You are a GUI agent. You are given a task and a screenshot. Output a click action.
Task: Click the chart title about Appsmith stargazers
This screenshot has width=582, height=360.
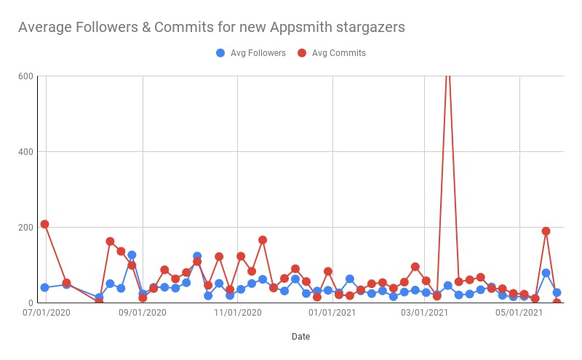coord(211,28)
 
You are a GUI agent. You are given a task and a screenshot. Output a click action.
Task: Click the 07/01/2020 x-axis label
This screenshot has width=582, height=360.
coord(45,313)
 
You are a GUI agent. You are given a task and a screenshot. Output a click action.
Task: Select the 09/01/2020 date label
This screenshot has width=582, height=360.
coord(143,313)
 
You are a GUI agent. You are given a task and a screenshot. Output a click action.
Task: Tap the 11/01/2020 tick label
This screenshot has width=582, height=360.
coord(237,313)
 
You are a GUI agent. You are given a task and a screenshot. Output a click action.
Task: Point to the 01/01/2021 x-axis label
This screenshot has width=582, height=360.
coord(332,313)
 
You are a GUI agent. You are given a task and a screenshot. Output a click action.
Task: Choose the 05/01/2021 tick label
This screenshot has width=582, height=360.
coord(519,313)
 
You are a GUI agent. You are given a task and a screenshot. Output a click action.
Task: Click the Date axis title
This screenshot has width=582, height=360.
coord(300,337)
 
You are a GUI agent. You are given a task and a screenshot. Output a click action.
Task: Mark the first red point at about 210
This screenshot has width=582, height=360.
coord(45,224)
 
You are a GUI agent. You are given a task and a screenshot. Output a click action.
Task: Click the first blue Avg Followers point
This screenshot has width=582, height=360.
coord(45,287)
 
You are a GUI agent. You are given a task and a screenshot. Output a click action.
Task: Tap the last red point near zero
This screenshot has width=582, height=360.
coord(557,303)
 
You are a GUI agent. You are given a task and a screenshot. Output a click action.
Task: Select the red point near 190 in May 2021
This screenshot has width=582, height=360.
coord(546,231)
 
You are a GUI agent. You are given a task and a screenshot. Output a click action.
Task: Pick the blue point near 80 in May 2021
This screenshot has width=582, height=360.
coord(546,273)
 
